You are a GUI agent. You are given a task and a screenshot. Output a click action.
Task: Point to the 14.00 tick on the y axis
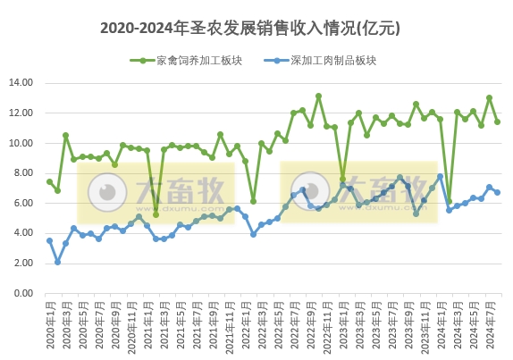pos(21,83)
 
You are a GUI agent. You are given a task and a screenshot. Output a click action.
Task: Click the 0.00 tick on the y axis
pos(24,293)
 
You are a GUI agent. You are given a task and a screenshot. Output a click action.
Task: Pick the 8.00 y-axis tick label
pos(24,173)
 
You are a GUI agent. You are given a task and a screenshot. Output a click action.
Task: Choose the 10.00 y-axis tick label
pos(21,143)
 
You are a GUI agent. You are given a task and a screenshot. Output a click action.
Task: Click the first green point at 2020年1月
pos(49,181)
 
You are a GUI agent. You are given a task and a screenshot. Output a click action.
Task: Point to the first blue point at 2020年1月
pos(49,240)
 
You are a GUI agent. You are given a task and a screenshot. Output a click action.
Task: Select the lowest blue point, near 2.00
pos(57,262)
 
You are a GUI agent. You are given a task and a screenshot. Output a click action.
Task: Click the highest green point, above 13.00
pos(318,96)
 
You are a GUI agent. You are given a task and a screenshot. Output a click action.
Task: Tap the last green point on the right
pos(497,121)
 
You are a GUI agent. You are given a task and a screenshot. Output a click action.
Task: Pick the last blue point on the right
pos(497,192)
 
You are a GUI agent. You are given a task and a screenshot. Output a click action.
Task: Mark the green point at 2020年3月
pos(65,135)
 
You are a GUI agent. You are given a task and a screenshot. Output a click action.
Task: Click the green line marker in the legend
pos(141,61)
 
